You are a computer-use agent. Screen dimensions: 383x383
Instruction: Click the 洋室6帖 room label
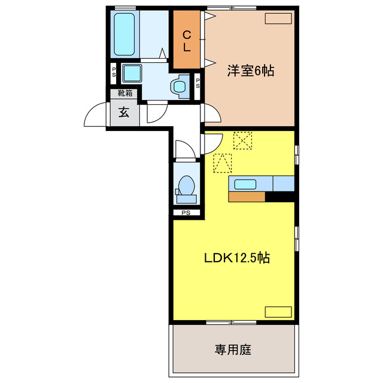(250, 71)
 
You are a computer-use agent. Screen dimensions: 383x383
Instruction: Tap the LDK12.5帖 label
(237, 259)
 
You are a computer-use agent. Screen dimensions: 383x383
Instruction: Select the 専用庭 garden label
(233, 349)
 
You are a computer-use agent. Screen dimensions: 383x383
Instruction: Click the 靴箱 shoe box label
(124, 93)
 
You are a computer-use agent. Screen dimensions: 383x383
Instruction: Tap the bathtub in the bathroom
(124, 34)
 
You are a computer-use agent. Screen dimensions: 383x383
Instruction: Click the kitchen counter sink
(246, 184)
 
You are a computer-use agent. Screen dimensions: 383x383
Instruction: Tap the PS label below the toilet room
(186, 212)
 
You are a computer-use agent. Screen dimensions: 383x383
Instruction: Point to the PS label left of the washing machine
(114, 72)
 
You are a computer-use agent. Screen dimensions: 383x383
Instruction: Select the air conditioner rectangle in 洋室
(278, 19)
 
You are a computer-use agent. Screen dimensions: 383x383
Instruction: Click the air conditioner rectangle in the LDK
(278, 312)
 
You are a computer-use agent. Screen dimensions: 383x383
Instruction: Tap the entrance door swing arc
(96, 115)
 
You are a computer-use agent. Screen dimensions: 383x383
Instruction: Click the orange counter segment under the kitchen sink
(247, 196)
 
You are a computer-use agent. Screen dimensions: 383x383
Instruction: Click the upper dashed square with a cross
(243, 141)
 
